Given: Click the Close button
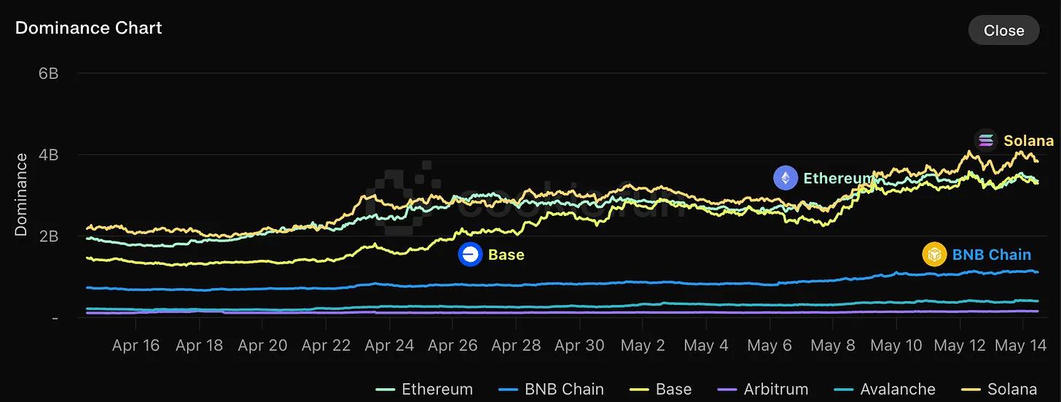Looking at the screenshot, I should tap(1003, 30).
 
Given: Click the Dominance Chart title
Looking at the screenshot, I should tap(88, 28).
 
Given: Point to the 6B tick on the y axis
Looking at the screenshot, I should tap(47, 74).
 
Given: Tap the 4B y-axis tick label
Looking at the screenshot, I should tap(47, 155).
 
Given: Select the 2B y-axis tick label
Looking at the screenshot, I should tap(47, 236).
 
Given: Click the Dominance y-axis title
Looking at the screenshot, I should tap(21, 194).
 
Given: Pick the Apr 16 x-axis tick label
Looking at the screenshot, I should tap(136, 345).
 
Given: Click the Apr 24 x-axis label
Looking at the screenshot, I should tap(389, 345).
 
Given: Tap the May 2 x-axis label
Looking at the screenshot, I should tap(643, 345).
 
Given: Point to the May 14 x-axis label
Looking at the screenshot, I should tap(1022, 345).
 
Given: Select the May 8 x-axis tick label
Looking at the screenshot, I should tap(832, 345).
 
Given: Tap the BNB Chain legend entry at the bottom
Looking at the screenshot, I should tap(553, 389).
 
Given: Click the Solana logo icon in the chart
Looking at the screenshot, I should tap(987, 140).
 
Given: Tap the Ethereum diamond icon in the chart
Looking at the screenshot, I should tap(786, 177).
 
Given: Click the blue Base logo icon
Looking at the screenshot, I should tap(470, 255).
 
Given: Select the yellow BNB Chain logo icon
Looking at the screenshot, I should tap(934, 255).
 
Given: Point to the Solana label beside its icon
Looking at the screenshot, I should tap(1028, 141).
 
